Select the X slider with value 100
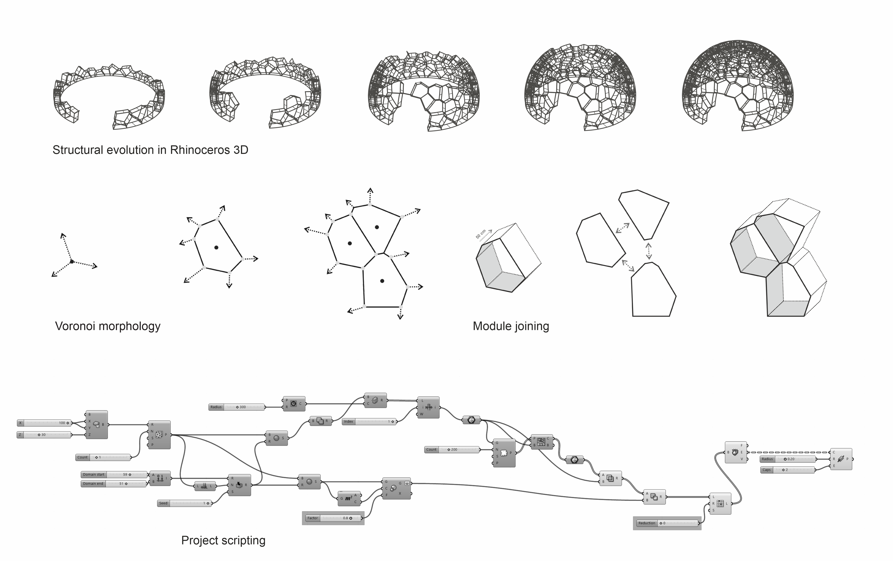[44, 423]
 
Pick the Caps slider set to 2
[788, 470]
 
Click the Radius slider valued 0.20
[788, 459]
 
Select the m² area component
[349, 498]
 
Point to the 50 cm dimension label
[481, 234]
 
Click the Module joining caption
[511, 326]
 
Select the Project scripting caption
[223, 540]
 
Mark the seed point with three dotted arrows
[72, 262]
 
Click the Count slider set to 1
[103, 457]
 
